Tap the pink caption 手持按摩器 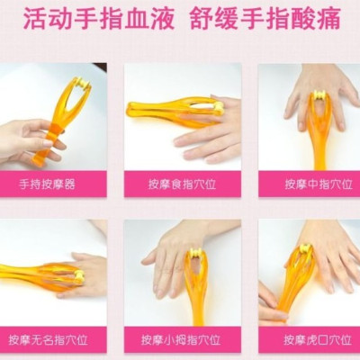point(53,184)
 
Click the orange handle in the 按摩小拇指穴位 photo point(195,301)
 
